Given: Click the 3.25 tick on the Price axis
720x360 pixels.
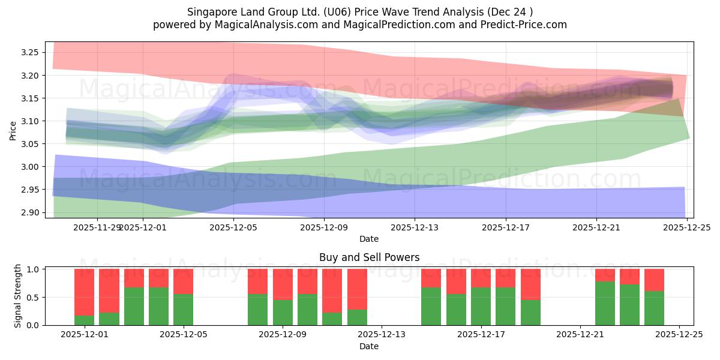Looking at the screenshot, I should pos(30,53).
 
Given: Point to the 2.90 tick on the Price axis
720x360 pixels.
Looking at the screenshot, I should pos(30,212).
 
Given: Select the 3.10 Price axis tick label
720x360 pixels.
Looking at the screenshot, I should pos(30,121).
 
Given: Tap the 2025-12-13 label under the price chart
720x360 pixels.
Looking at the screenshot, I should pos(415,227).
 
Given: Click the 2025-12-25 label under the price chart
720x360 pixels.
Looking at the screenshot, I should pos(687,227).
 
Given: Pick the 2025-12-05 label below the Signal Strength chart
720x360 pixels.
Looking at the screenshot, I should pos(184,335).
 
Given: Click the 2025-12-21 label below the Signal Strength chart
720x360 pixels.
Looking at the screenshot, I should pos(580,335).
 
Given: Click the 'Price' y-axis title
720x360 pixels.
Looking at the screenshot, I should pos(13,130).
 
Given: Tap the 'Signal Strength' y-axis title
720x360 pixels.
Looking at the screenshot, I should pos(18,296).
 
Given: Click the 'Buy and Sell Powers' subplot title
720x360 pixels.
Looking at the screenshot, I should pos(369,257).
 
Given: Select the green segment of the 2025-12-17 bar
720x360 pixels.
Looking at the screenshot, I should pos(481,306).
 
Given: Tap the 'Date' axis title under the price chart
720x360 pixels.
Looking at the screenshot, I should pos(368,239).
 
